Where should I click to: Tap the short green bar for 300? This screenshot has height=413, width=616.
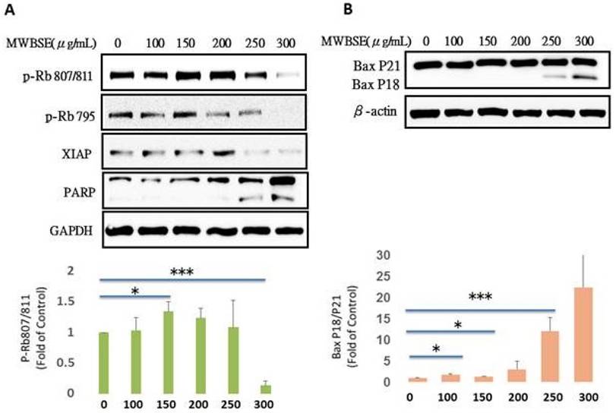(x=265, y=388)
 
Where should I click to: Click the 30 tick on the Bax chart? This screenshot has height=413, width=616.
(x=393, y=255)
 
